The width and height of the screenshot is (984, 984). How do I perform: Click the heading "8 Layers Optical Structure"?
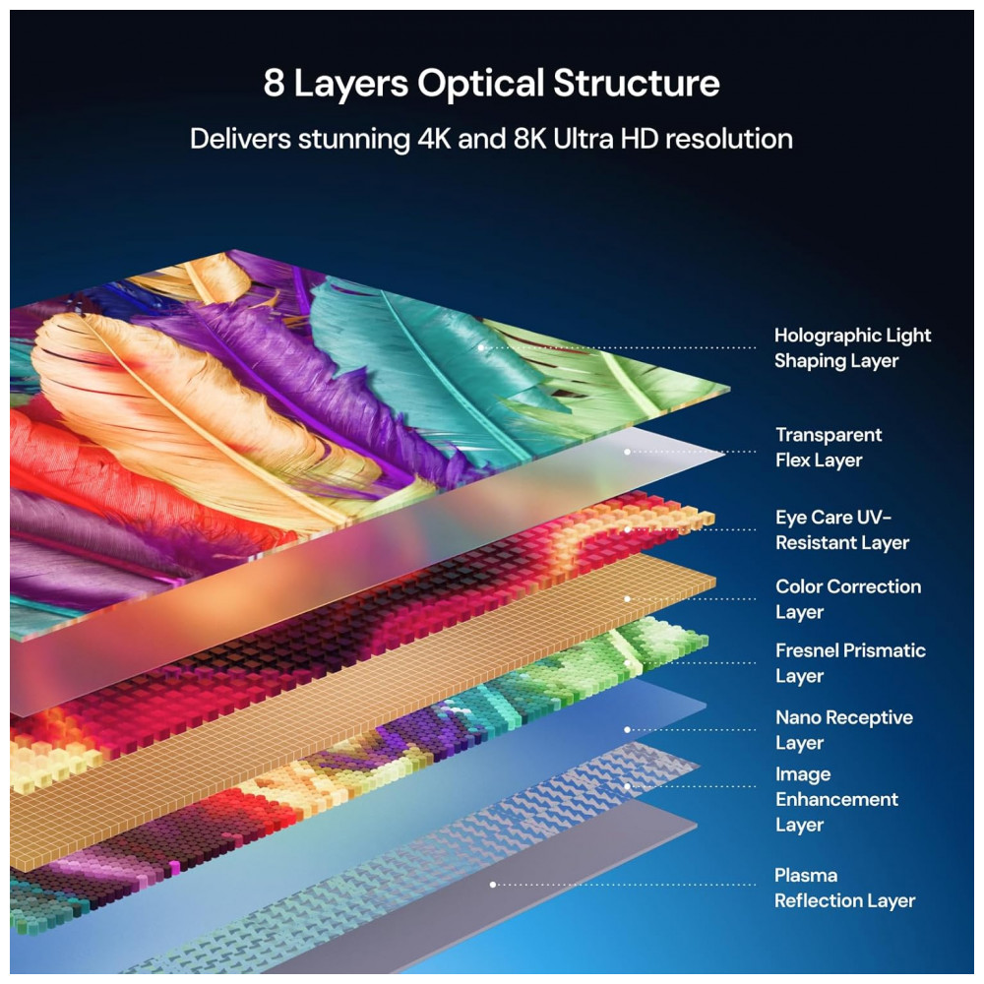(x=491, y=84)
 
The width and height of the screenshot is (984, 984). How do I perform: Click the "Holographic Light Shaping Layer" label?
(x=852, y=348)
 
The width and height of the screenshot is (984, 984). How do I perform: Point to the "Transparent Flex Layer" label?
(x=829, y=448)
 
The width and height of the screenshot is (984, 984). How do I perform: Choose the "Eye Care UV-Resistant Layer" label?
(x=841, y=530)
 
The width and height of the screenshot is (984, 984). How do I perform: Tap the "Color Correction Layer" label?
(x=848, y=599)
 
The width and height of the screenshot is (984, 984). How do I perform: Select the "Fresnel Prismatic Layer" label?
(x=850, y=663)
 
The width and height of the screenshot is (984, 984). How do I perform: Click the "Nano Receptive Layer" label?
(x=843, y=730)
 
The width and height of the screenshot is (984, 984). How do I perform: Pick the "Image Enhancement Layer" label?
(x=836, y=799)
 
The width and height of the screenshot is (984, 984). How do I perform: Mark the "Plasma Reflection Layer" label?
(x=844, y=888)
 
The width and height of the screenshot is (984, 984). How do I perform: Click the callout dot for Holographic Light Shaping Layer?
(x=481, y=347)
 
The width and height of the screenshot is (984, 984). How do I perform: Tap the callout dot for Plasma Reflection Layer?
(x=493, y=885)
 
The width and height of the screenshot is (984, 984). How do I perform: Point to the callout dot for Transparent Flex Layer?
(x=628, y=452)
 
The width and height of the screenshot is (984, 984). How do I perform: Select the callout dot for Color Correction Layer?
(x=628, y=598)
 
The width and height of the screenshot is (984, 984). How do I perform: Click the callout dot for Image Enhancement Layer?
(x=628, y=786)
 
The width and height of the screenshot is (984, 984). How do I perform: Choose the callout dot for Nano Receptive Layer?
(x=628, y=730)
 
